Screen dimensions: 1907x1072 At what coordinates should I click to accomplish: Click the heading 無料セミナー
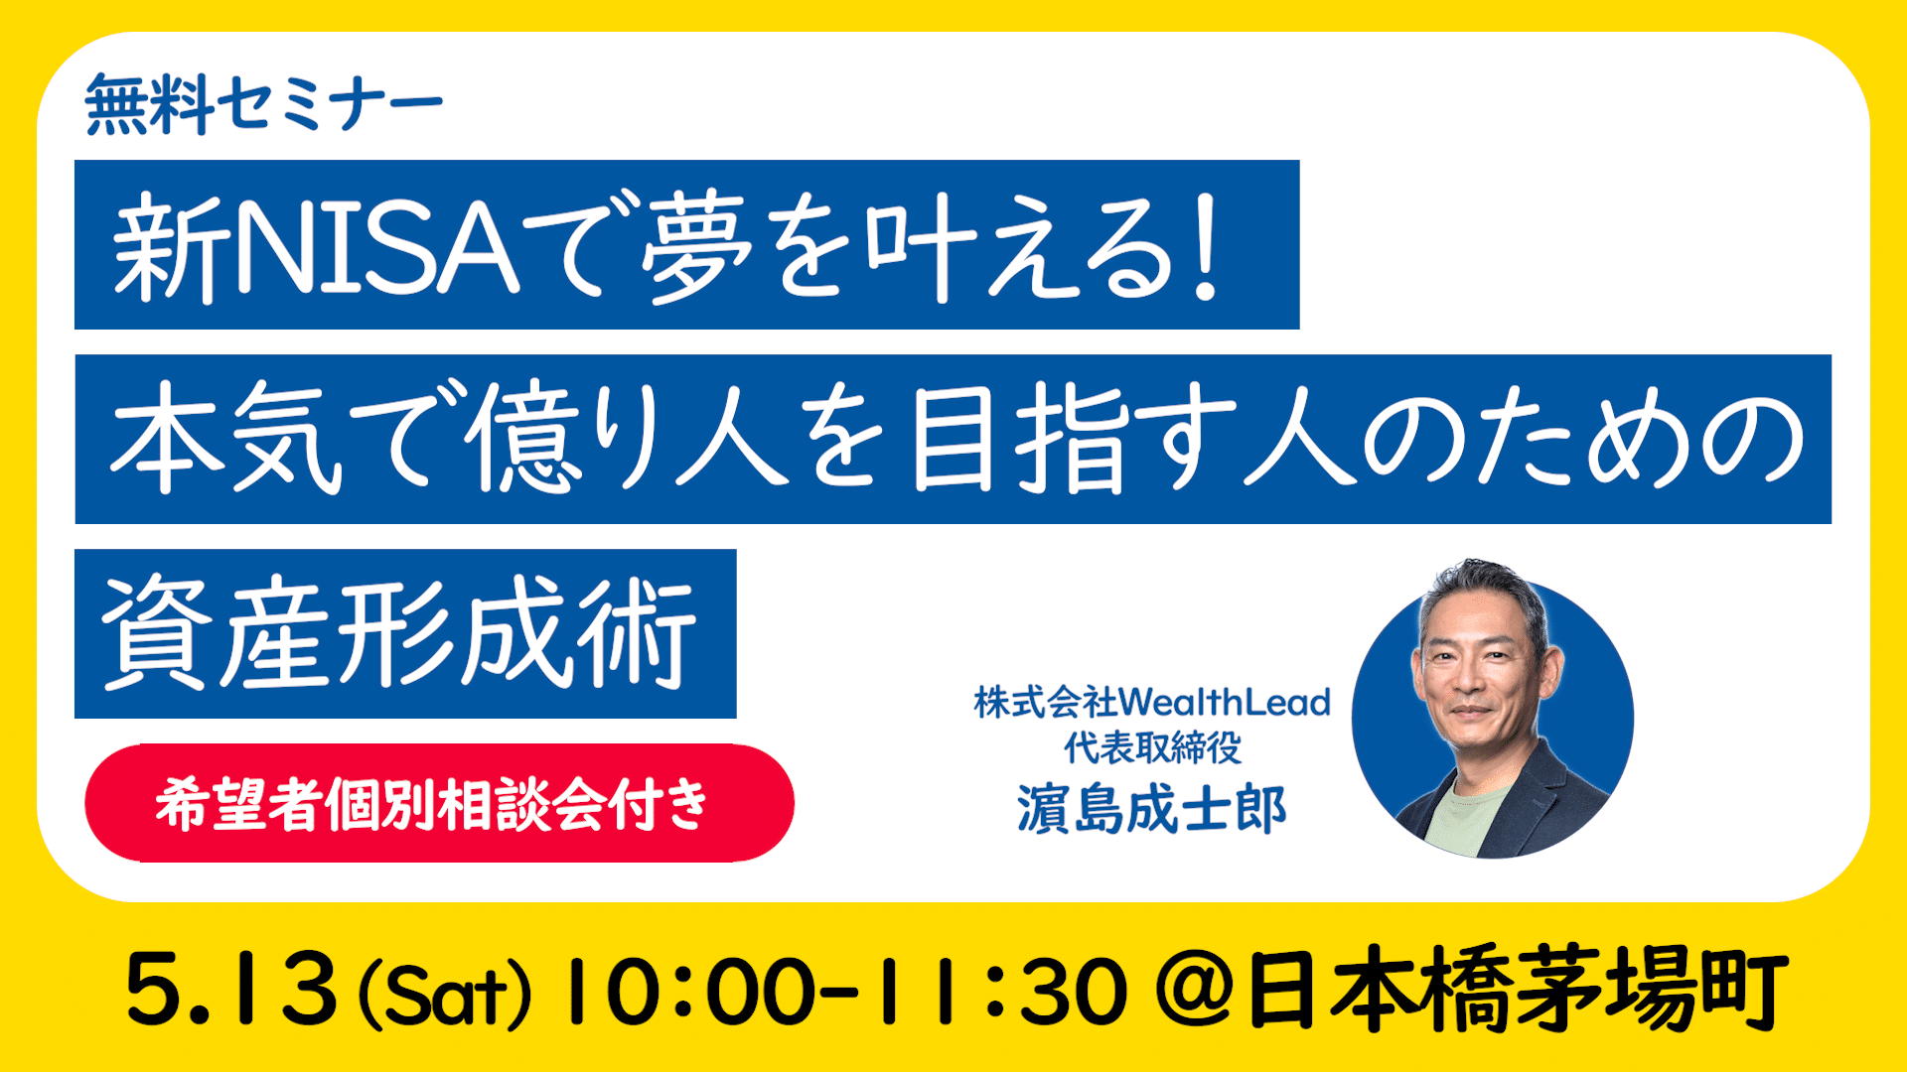pyautogui.click(x=263, y=104)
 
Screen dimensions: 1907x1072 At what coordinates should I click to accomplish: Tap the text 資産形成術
pyautogui.click(x=399, y=633)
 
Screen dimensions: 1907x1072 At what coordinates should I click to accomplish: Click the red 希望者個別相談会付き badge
pyautogui.click(x=439, y=803)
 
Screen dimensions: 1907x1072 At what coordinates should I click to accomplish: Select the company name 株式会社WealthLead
pyautogui.click(x=1152, y=702)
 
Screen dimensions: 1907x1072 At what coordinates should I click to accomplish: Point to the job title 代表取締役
pyautogui.click(x=1152, y=747)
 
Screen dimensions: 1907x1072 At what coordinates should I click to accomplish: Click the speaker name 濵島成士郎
pyautogui.click(x=1151, y=809)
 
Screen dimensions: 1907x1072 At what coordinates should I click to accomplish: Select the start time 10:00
pyautogui.click(x=691, y=991)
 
